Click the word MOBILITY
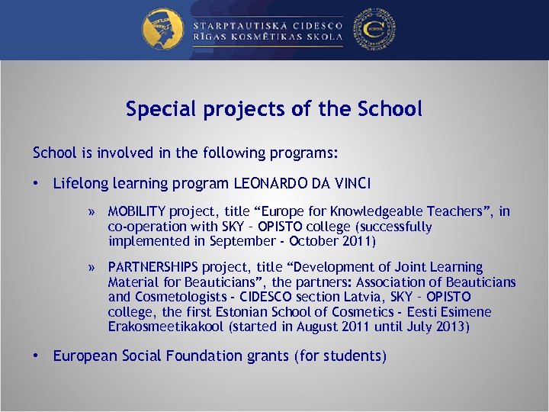coord(137,211)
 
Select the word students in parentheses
coord(355,356)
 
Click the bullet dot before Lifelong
coord(36,184)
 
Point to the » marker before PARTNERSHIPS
coord(91,268)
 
